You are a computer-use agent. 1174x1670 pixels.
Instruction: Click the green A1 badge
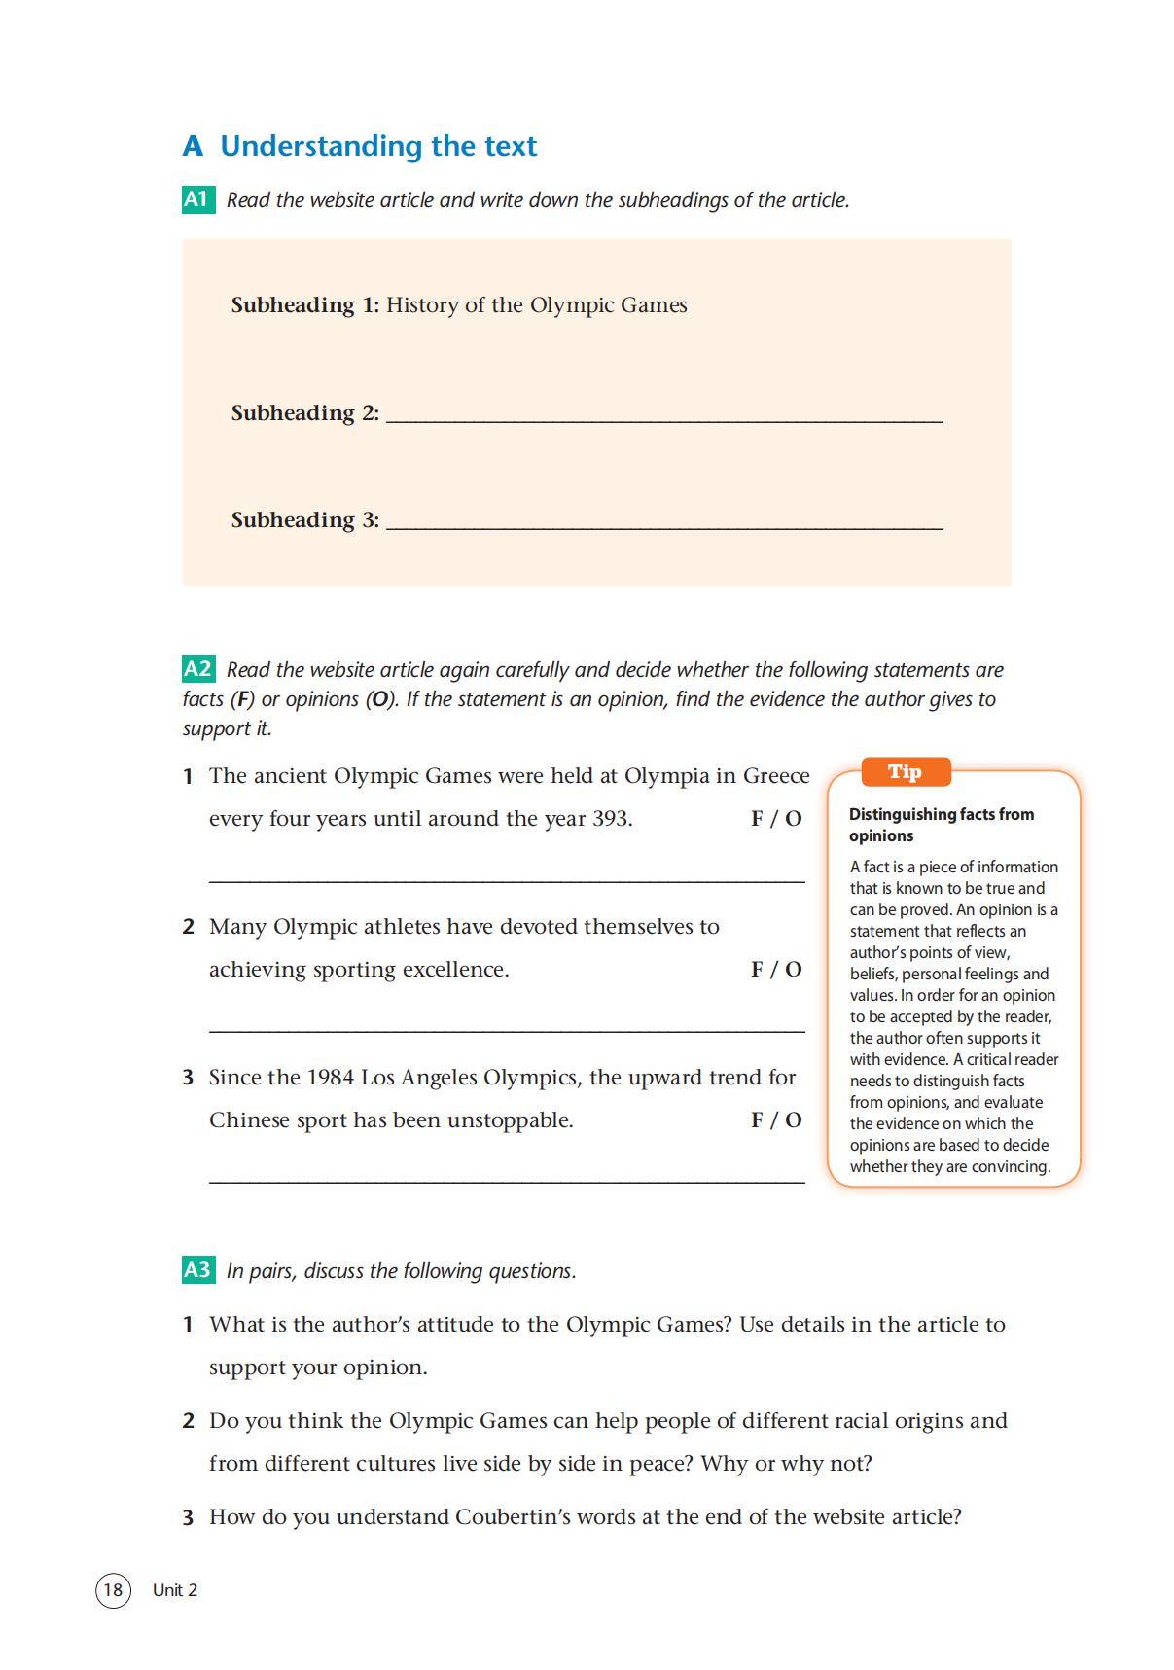(x=197, y=199)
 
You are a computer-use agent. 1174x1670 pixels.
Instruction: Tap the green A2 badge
(x=197, y=669)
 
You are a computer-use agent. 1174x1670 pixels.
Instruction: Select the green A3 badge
(x=197, y=1269)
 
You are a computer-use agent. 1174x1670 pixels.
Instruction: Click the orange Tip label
(x=905, y=772)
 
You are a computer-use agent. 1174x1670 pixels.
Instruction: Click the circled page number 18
(x=113, y=1589)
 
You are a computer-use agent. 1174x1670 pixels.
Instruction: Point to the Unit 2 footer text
(x=175, y=1590)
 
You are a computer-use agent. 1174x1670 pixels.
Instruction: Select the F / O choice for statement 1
(x=776, y=819)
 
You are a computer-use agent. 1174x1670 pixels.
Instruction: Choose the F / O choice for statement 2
(x=776, y=970)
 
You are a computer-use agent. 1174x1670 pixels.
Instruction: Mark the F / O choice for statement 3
(x=776, y=1120)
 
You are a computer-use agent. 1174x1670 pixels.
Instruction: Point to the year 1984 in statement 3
(x=330, y=1078)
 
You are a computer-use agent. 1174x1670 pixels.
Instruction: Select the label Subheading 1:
(x=304, y=305)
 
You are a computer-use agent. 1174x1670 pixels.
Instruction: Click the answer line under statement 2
(x=507, y=1029)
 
